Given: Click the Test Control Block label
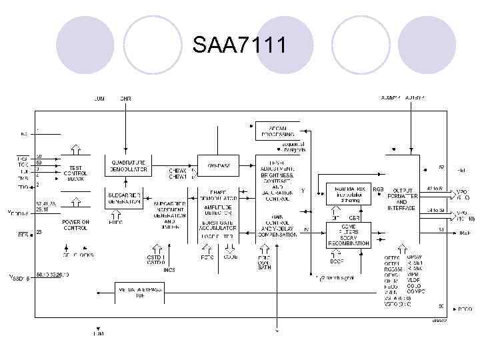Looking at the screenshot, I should click(75, 173).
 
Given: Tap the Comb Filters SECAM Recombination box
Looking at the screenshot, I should click(349, 234).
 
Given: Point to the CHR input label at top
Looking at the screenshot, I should click(125, 98).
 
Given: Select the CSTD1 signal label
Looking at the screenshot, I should click(155, 257).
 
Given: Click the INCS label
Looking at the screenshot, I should click(169, 270).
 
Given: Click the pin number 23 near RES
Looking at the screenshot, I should click(39, 232).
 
